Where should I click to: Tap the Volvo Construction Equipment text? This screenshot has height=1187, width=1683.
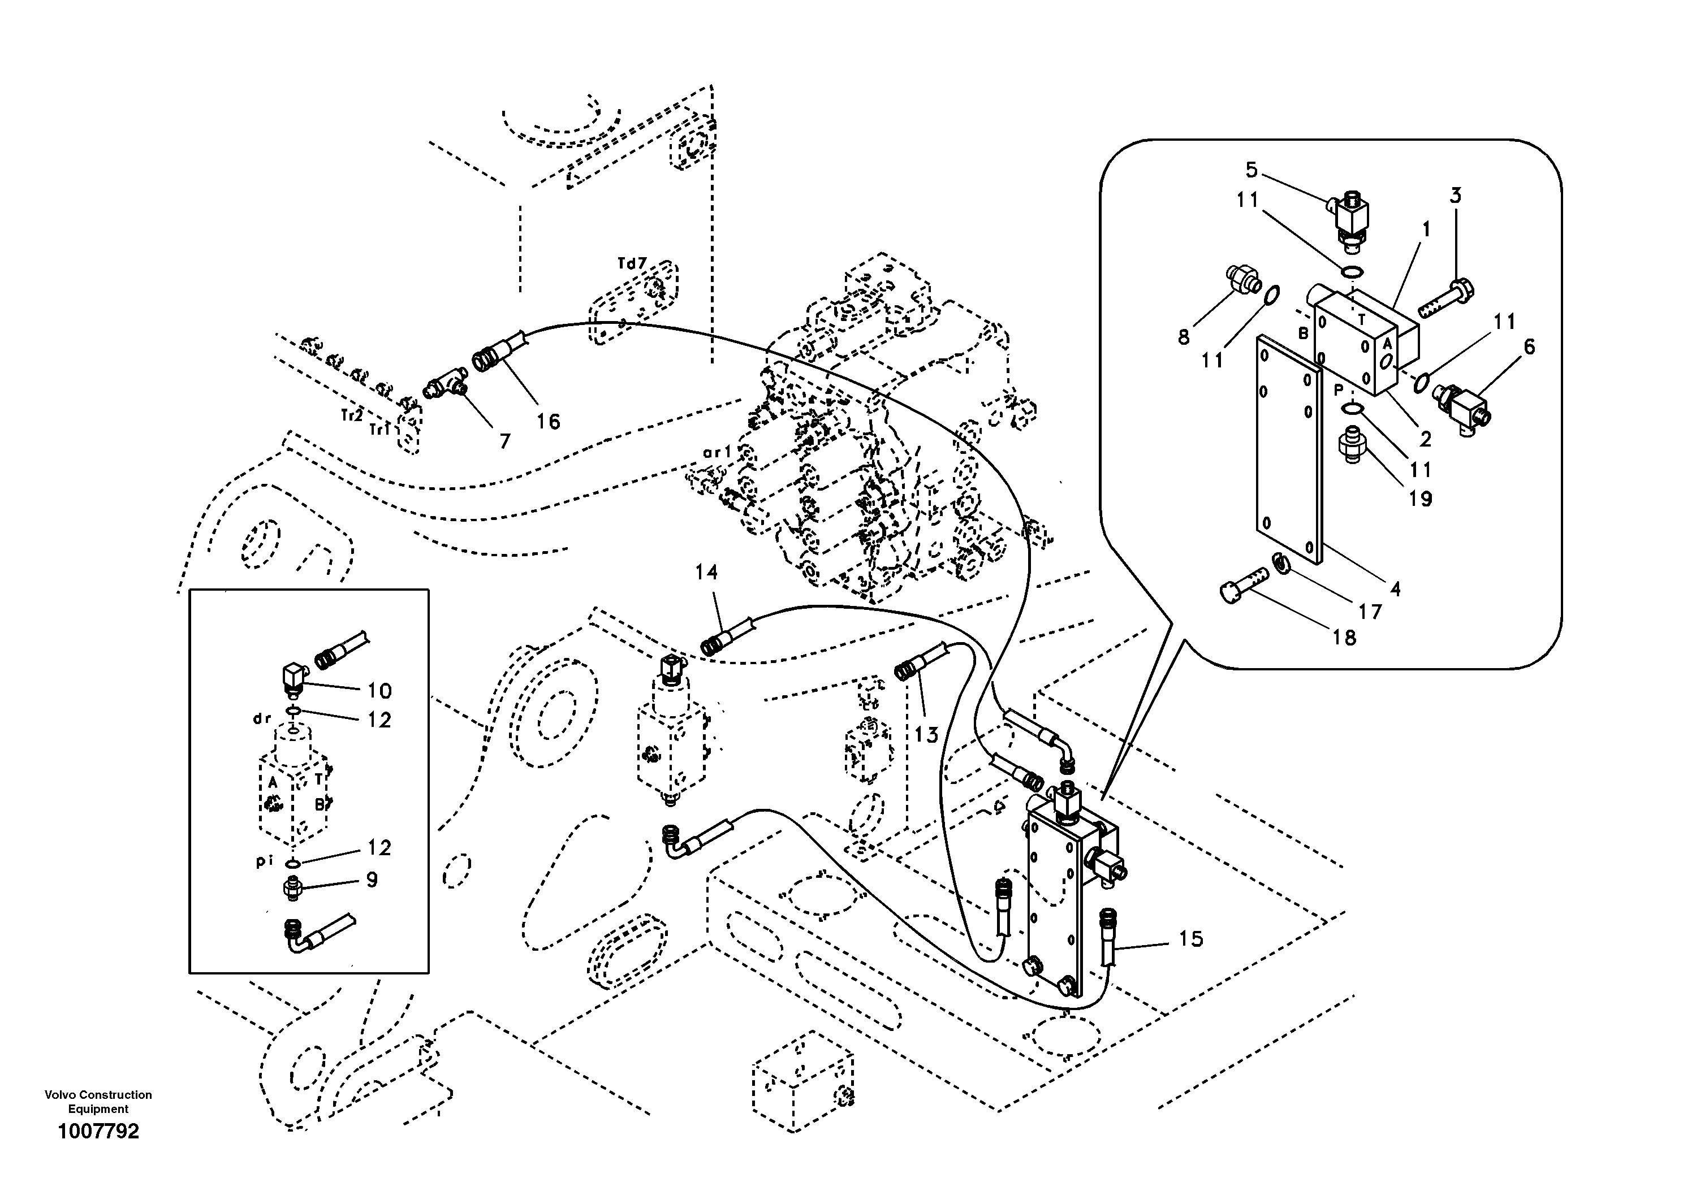coord(98,1101)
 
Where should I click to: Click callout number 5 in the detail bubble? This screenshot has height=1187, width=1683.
coord(1252,170)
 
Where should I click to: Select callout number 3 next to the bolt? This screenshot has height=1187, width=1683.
coord(1455,196)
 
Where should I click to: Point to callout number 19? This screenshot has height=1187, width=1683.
coord(1420,499)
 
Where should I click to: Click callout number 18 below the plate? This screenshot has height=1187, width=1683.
coord(1344,638)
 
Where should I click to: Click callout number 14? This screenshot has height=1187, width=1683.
coord(707,572)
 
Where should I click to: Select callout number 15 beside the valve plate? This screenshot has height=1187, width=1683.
coord(1191,939)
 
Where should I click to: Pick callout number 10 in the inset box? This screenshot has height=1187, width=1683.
coord(379,690)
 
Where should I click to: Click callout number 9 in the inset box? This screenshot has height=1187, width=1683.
coord(372,880)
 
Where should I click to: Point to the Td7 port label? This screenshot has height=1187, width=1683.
coord(632,263)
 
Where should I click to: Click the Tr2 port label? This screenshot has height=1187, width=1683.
coord(352,415)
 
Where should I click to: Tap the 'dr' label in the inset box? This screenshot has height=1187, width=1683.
coord(262,719)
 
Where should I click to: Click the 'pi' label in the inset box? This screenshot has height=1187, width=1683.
coord(264,861)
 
